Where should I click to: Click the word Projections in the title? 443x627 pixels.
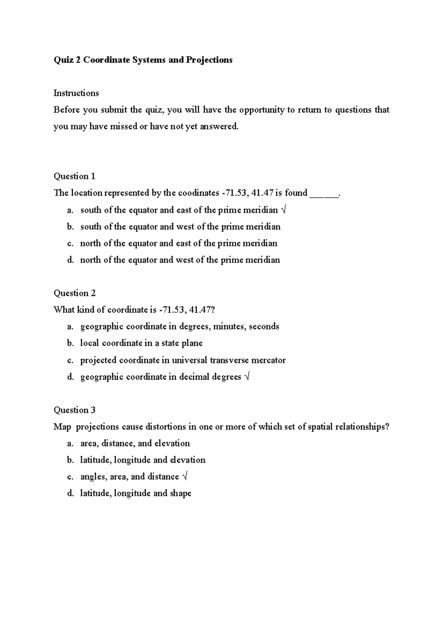point(209,60)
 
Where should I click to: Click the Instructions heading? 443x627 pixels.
point(76,93)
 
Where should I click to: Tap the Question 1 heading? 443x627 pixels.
point(74,176)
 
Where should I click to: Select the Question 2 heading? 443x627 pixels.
point(75,293)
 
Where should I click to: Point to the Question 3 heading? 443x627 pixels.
point(74,410)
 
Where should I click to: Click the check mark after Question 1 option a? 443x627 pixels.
point(283,210)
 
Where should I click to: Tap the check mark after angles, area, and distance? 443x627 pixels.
point(185,477)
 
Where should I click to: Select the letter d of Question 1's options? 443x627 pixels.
point(70,260)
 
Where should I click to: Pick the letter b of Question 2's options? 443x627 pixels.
point(70,343)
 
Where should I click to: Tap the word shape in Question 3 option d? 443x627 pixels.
point(180,493)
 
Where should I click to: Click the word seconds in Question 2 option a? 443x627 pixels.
point(264,326)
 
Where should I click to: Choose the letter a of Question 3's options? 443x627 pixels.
point(70,443)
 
